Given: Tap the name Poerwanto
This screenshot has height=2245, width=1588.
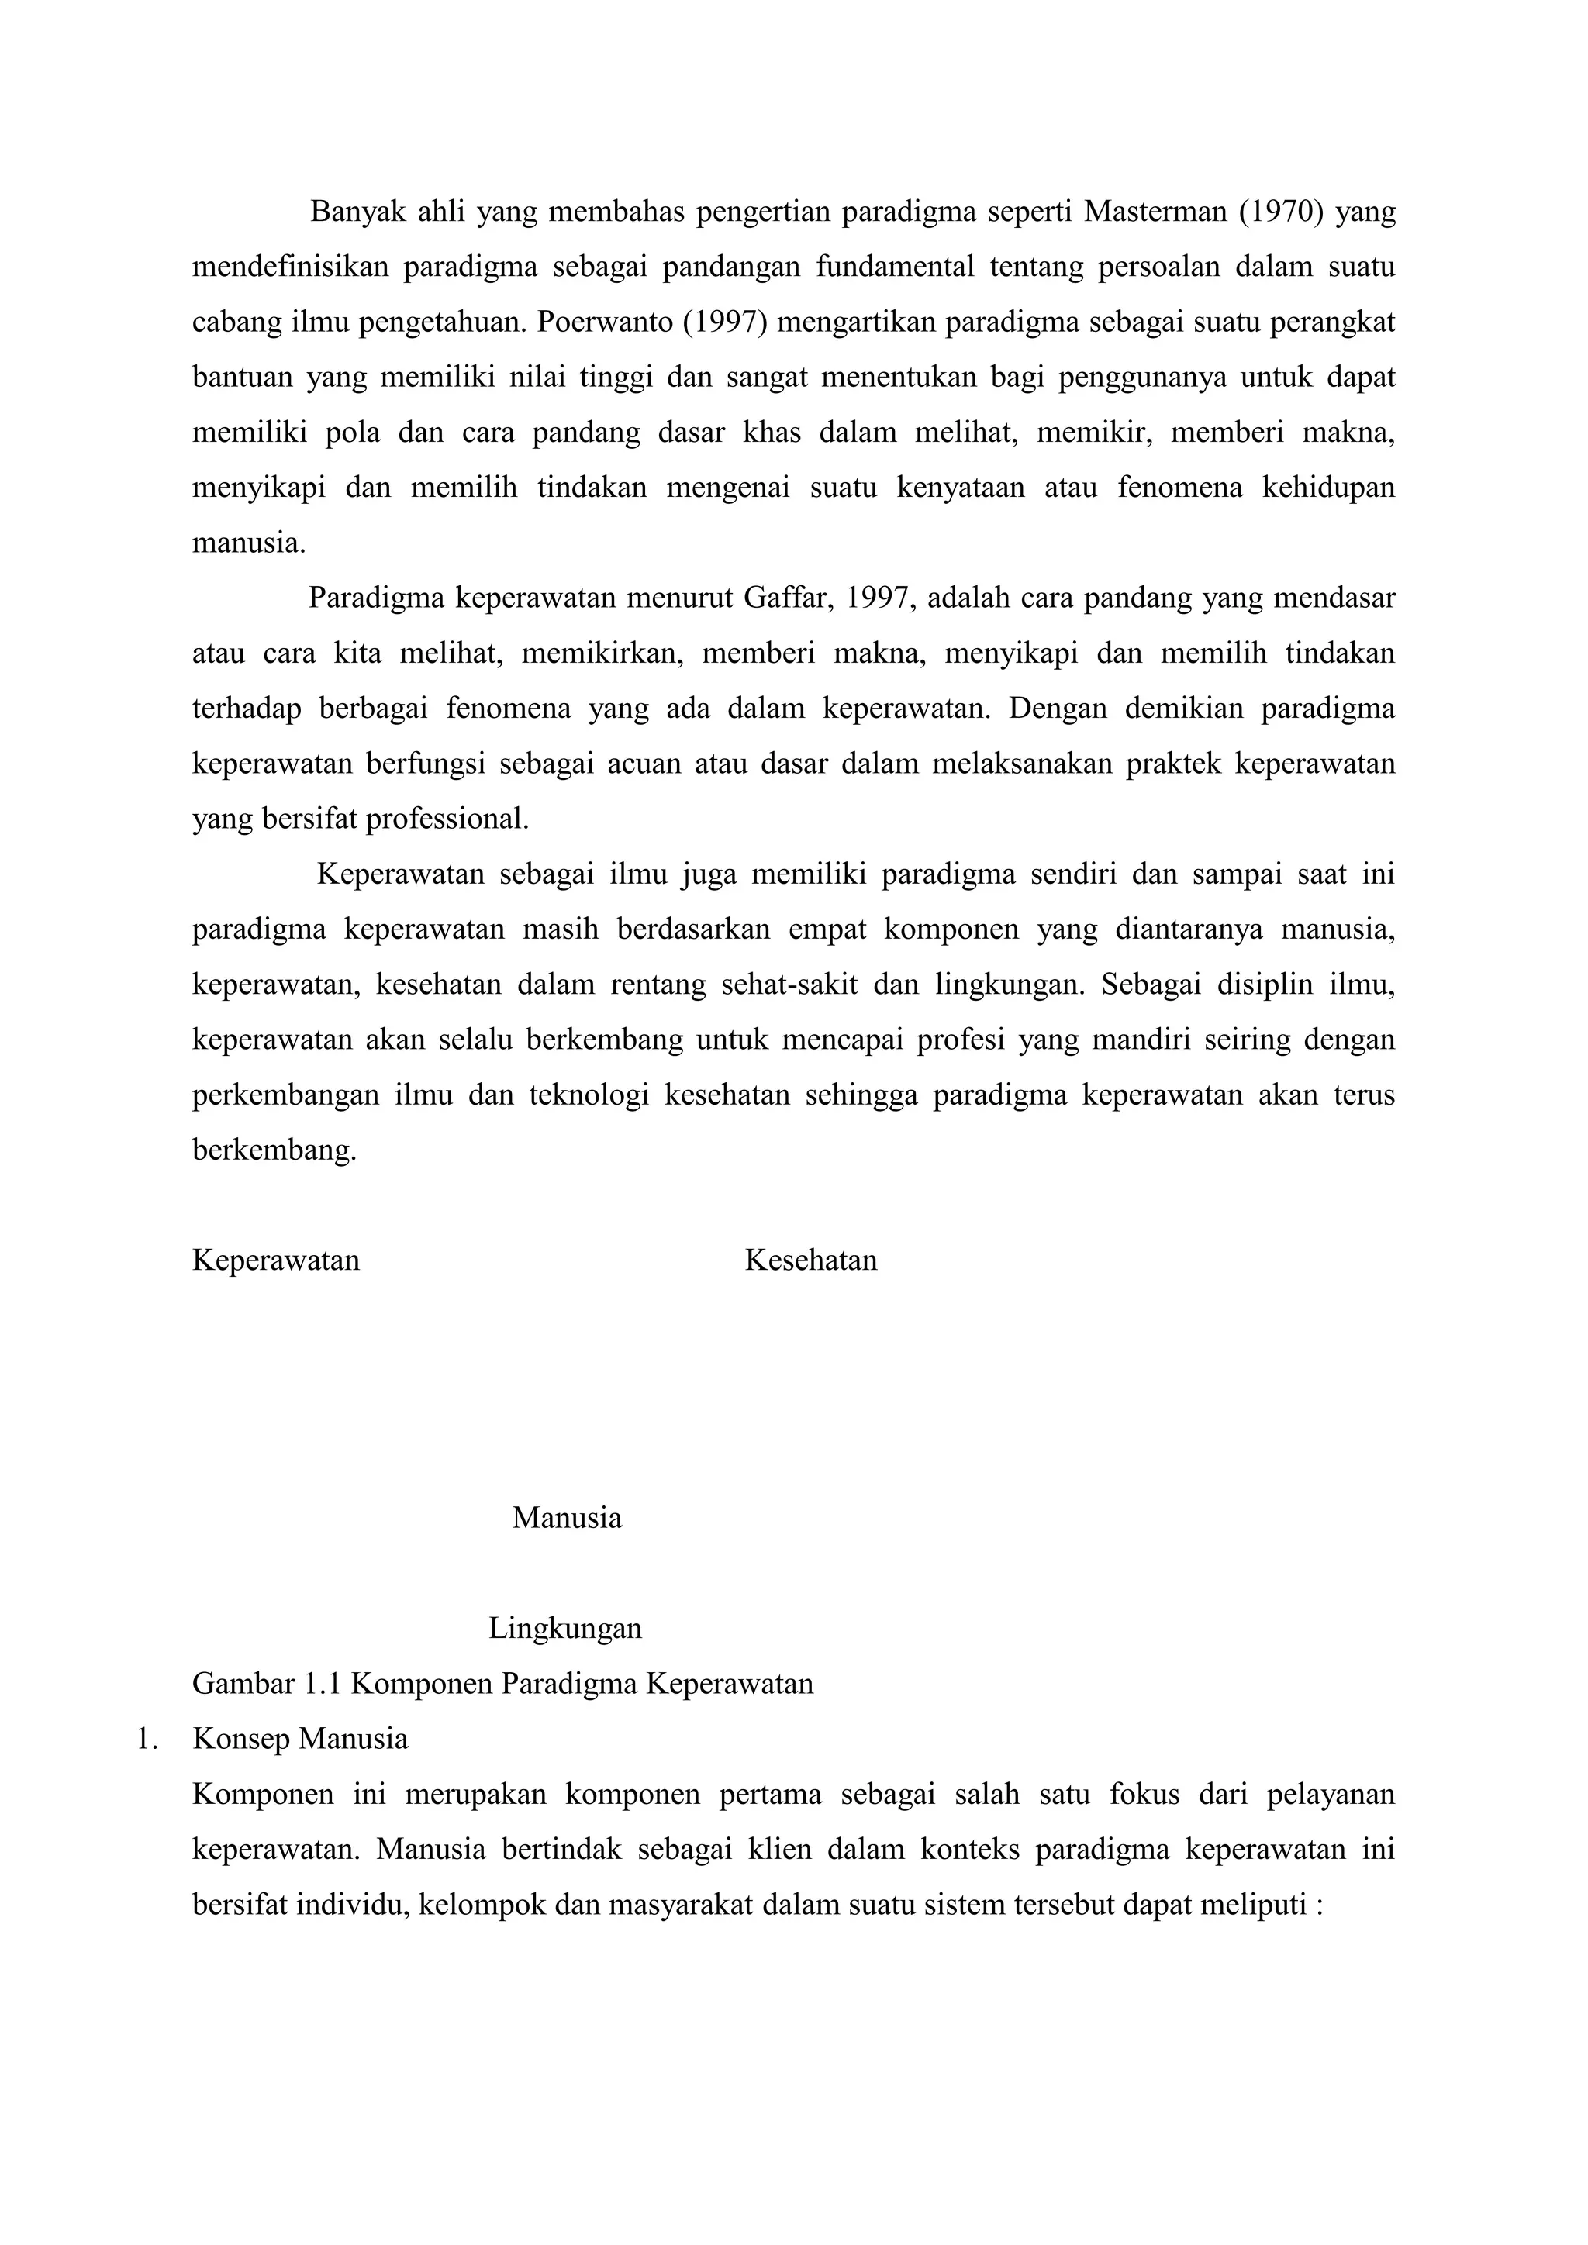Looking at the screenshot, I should [x=603, y=322].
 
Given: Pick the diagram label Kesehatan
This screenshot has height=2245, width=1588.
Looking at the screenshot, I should [x=810, y=1260].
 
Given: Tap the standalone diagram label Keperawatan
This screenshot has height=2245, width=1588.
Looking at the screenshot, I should [x=276, y=1260].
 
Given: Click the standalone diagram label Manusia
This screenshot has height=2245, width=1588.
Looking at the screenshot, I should [x=567, y=1518].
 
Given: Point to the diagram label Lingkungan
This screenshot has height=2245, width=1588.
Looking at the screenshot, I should [x=565, y=1628].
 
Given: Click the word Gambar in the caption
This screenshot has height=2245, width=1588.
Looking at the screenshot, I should [x=243, y=1684].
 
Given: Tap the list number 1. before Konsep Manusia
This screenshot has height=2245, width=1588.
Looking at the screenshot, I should [x=147, y=1739].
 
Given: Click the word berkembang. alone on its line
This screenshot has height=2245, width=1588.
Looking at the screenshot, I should [x=274, y=1150].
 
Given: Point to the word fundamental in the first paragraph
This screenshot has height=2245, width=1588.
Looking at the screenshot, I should [x=895, y=267].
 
